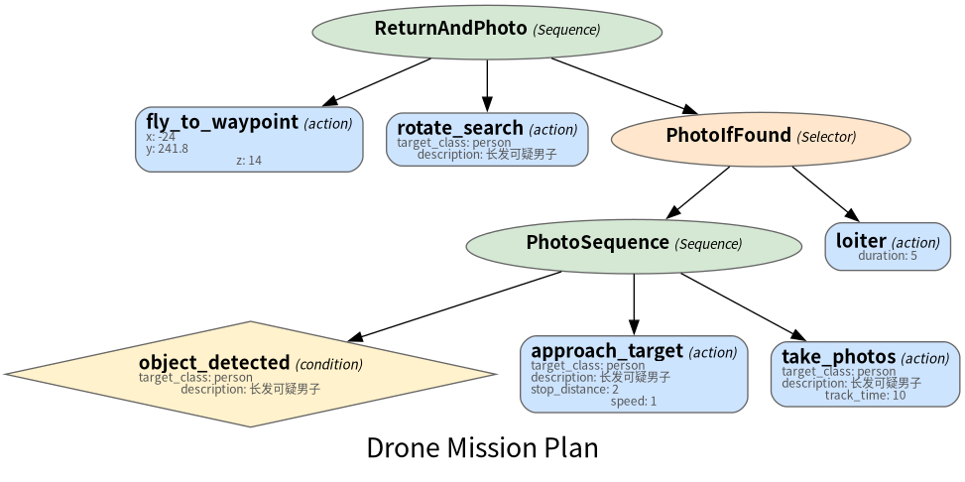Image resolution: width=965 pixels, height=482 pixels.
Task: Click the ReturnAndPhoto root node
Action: (487, 31)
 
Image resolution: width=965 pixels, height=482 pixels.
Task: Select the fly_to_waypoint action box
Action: (249, 139)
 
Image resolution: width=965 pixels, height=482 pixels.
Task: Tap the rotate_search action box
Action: (487, 139)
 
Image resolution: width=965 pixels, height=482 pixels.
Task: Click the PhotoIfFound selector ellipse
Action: (761, 139)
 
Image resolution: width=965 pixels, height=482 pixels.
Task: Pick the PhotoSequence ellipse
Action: (634, 246)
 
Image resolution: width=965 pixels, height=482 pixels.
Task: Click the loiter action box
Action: (888, 246)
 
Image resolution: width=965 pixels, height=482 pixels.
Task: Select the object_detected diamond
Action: (251, 374)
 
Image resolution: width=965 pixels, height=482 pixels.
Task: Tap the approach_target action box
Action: (634, 374)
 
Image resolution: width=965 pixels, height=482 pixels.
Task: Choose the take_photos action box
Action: (865, 374)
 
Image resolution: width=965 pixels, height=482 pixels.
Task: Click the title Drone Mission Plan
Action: (482, 447)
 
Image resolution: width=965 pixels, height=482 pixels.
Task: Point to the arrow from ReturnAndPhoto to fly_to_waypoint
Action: (377, 82)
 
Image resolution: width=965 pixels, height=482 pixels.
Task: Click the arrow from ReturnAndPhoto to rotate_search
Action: (487, 85)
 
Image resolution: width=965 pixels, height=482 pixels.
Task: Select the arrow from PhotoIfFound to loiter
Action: (825, 194)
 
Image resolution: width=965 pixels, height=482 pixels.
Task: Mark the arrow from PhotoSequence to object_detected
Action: (455, 305)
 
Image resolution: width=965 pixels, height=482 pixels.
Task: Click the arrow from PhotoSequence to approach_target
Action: (634, 304)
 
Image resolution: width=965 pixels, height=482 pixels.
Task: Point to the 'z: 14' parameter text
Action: (249, 161)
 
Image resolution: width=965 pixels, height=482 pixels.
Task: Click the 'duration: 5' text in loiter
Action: (888, 256)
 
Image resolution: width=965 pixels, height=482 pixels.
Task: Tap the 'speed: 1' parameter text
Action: (634, 402)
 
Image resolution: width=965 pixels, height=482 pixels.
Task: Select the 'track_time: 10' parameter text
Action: (865, 395)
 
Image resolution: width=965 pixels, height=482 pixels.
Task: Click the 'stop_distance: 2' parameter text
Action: (575, 389)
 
